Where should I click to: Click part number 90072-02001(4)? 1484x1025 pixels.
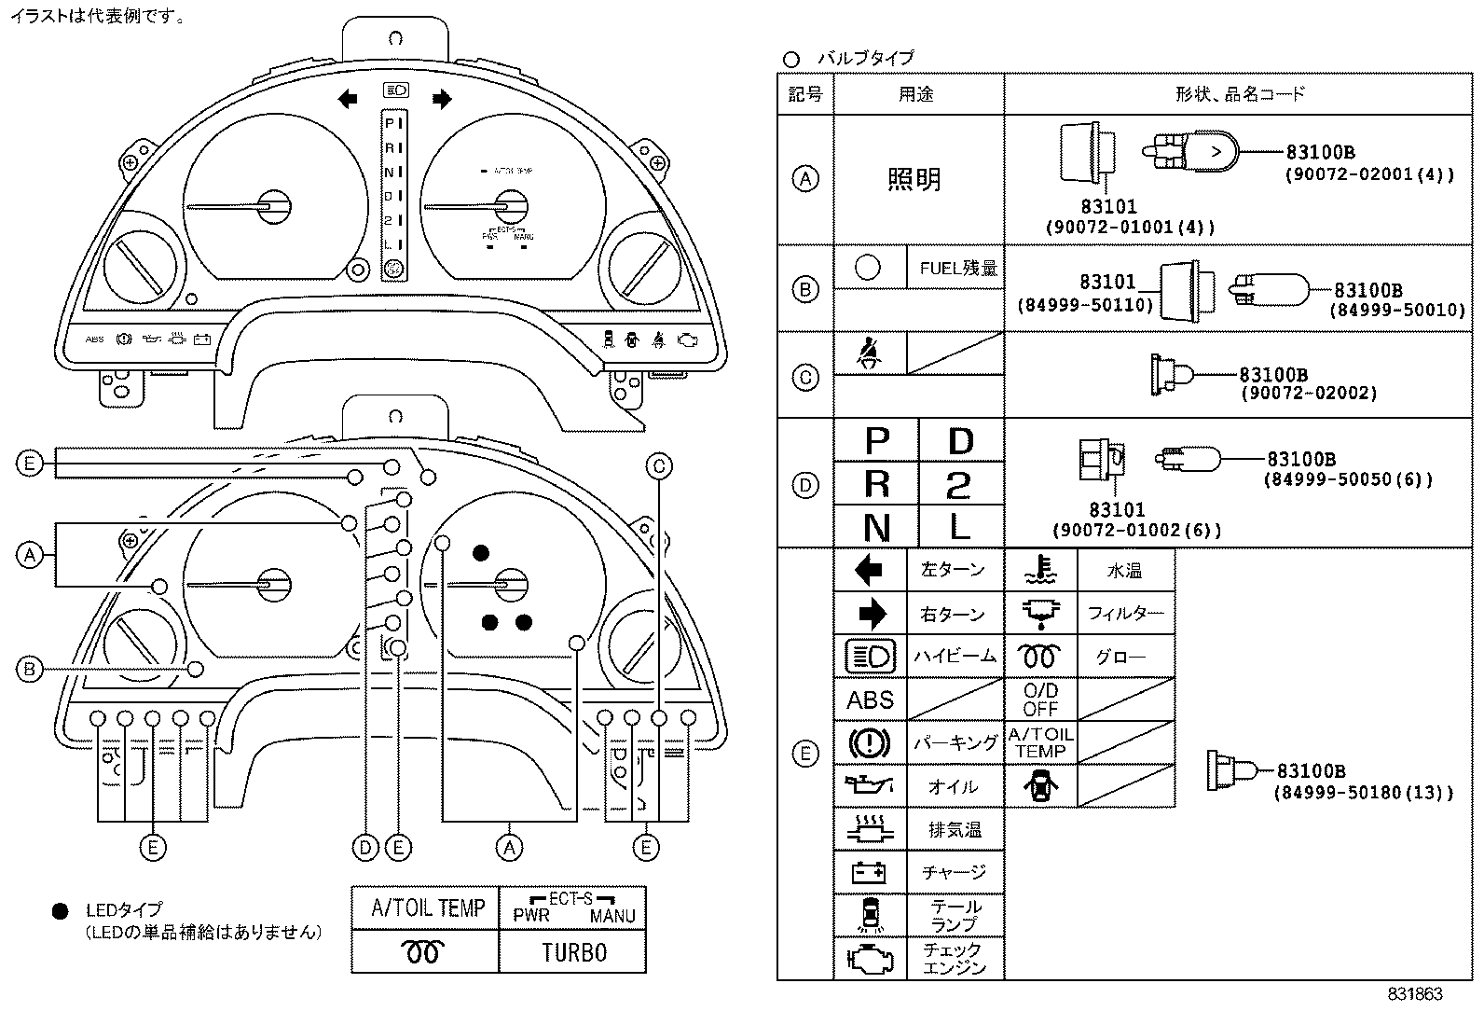pyautogui.click(x=1369, y=174)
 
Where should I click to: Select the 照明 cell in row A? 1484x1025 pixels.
pyautogui.click(x=914, y=179)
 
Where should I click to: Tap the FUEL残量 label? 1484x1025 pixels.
pyautogui.click(x=957, y=269)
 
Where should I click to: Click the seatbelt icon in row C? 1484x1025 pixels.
pyautogui.click(x=870, y=353)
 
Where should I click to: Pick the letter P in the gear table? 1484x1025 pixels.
pyautogui.click(x=876, y=440)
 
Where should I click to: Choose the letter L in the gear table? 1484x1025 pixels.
pyautogui.click(x=960, y=528)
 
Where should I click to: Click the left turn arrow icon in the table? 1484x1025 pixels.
pyautogui.click(x=869, y=569)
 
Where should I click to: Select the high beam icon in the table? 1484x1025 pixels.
pyautogui.click(x=869, y=657)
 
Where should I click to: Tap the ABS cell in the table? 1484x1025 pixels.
pyautogui.click(x=870, y=699)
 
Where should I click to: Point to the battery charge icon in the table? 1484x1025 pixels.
pyautogui.click(x=869, y=872)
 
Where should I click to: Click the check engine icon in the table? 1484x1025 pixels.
pyautogui.click(x=869, y=958)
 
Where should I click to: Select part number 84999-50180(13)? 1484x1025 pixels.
pyautogui.click(x=1363, y=793)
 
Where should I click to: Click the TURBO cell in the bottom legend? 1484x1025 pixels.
pyautogui.click(x=573, y=952)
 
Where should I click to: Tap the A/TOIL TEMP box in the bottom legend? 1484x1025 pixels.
pyautogui.click(x=428, y=907)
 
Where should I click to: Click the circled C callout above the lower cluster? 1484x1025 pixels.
pyautogui.click(x=659, y=466)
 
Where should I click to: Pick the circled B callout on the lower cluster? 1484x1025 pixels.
pyautogui.click(x=30, y=669)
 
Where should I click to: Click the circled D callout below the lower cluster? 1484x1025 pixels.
pyautogui.click(x=365, y=847)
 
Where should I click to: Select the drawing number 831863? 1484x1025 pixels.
pyautogui.click(x=1414, y=994)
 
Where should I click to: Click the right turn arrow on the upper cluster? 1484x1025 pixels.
pyautogui.click(x=442, y=98)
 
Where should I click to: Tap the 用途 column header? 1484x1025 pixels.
pyautogui.click(x=915, y=93)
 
